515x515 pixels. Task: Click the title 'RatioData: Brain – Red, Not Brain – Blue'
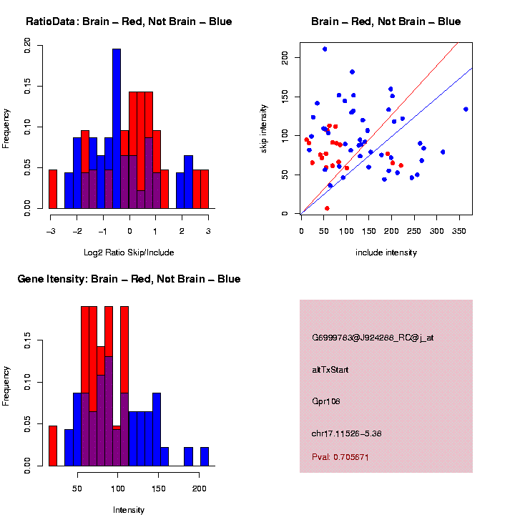129,21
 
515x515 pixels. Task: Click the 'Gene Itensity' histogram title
129,279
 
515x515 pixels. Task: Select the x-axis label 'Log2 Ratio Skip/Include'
129,252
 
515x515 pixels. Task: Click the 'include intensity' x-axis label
386,252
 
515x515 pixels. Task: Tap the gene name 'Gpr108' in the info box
326,401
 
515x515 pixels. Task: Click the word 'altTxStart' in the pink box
330,370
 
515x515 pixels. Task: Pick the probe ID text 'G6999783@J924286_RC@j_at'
373,338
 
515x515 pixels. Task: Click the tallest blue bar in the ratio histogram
117,129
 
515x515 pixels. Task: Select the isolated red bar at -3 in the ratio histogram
53,189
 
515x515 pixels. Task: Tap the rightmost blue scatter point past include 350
466,109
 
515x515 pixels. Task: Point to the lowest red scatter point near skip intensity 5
327,208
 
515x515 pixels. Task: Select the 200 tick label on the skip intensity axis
286,57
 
